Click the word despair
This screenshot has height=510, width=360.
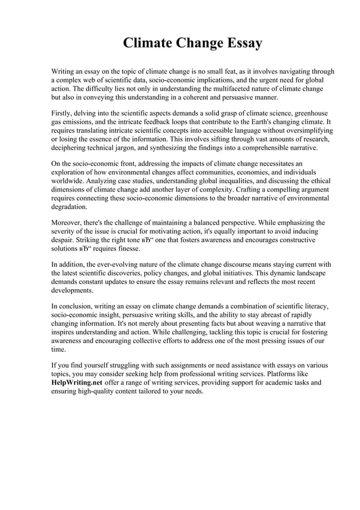point(63,240)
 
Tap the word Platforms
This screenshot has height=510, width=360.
point(291,373)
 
